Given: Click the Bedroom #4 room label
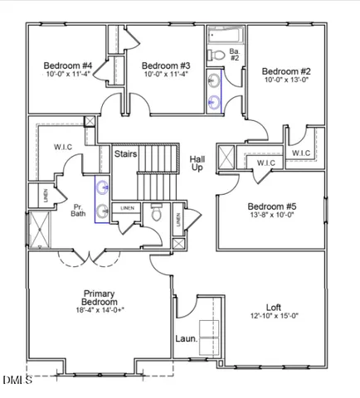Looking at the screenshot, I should point(68,65).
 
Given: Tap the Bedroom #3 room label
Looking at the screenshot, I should point(166,65).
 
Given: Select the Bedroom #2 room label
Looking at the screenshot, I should point(286,71).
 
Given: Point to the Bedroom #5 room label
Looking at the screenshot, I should point(271,206).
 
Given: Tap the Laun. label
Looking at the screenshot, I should point(186,338).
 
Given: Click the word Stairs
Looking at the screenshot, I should point(125,153).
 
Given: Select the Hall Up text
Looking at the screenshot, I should point(197,163).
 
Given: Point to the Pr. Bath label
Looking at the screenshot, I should point(79,209).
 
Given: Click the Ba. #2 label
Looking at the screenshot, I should point(235,55).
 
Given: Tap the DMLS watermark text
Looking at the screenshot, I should point(17,380).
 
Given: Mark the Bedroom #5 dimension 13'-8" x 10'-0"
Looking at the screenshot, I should point(271,215).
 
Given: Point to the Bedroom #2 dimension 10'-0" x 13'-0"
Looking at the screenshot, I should point(286,80).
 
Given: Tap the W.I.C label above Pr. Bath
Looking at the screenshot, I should point(64,148).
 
